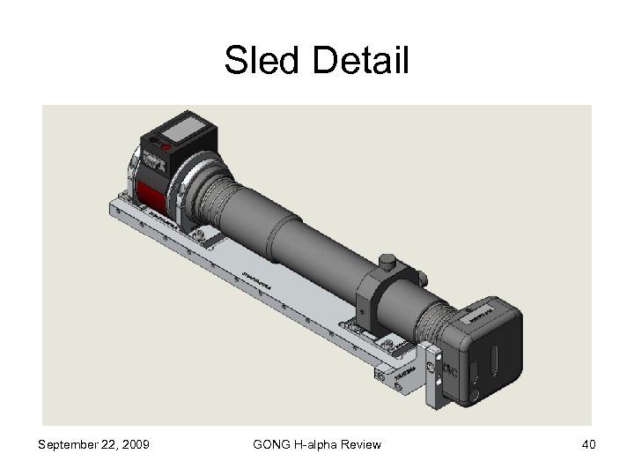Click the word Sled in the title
tap(262, 61)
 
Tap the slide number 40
tap(588, 444)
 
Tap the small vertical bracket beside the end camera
tap(432, 377)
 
